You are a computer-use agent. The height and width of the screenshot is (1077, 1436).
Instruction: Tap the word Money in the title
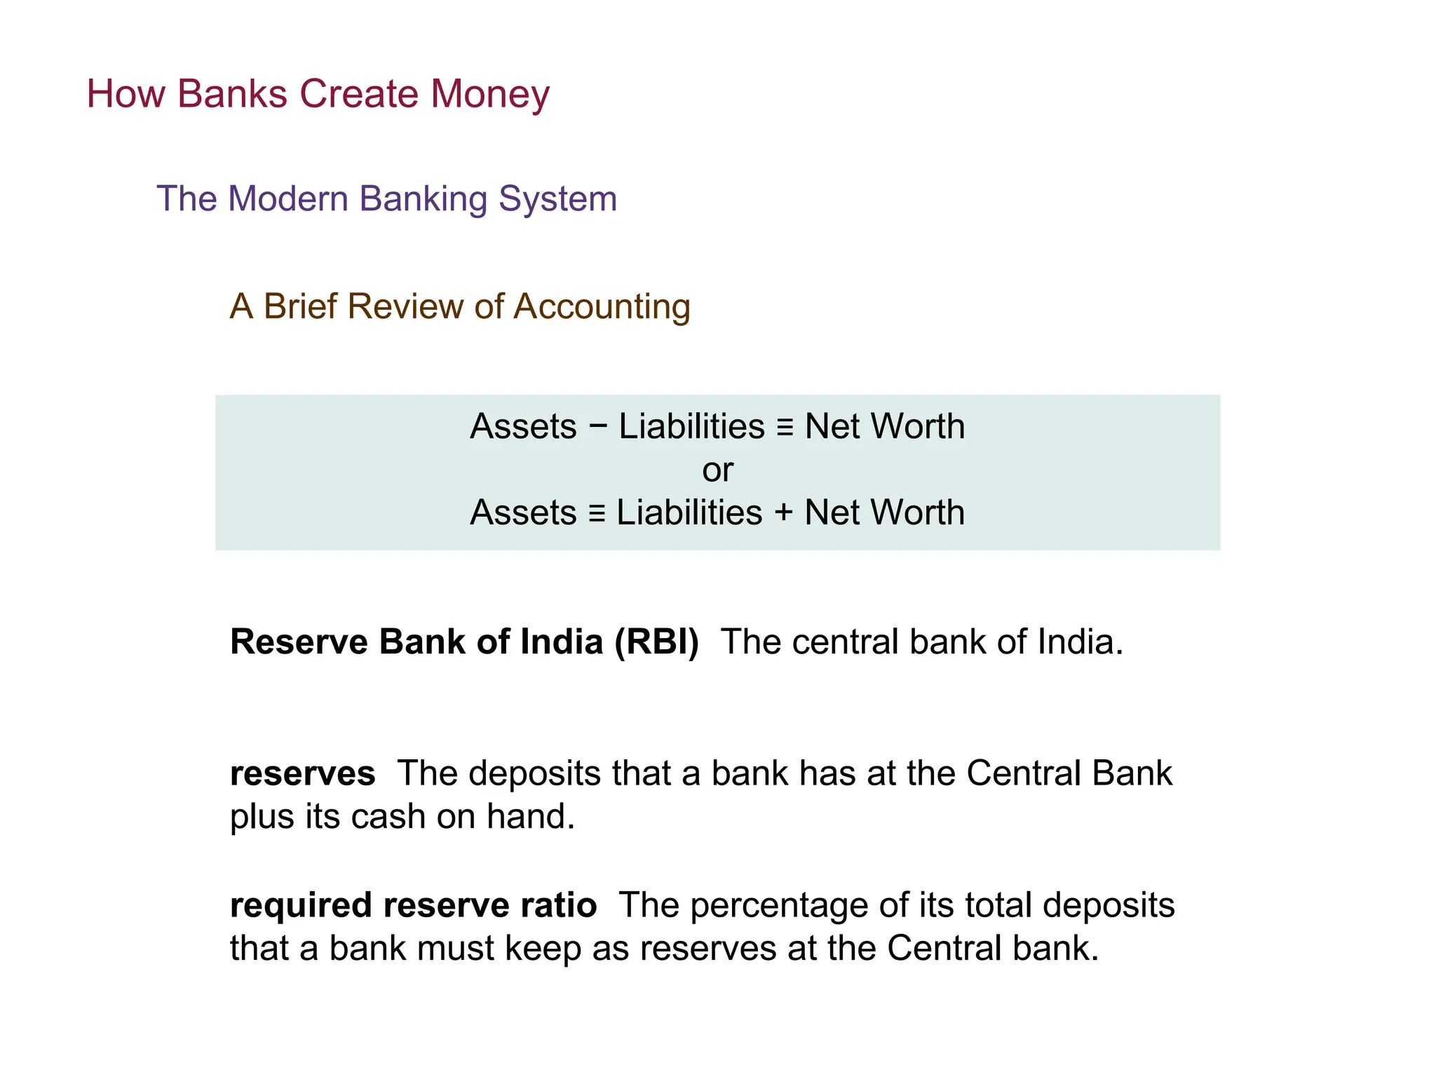point(489,93)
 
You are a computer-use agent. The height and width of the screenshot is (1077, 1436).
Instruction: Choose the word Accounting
point(602,306)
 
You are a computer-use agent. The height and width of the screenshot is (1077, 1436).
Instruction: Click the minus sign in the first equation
point(597,426)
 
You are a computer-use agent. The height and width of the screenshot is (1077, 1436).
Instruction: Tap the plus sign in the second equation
point(783,512)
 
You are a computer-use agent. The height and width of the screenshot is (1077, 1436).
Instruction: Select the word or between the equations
point(717,469)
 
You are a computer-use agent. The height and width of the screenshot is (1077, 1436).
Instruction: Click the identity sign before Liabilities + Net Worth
point(597,513)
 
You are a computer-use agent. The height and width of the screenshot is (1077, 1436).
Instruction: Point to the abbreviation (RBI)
point(656,642)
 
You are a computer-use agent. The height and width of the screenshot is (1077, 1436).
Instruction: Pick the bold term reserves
point(302,773)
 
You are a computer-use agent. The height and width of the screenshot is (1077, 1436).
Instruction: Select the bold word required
point(301,905)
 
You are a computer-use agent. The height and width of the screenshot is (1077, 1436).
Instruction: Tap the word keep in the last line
point(543,949)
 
